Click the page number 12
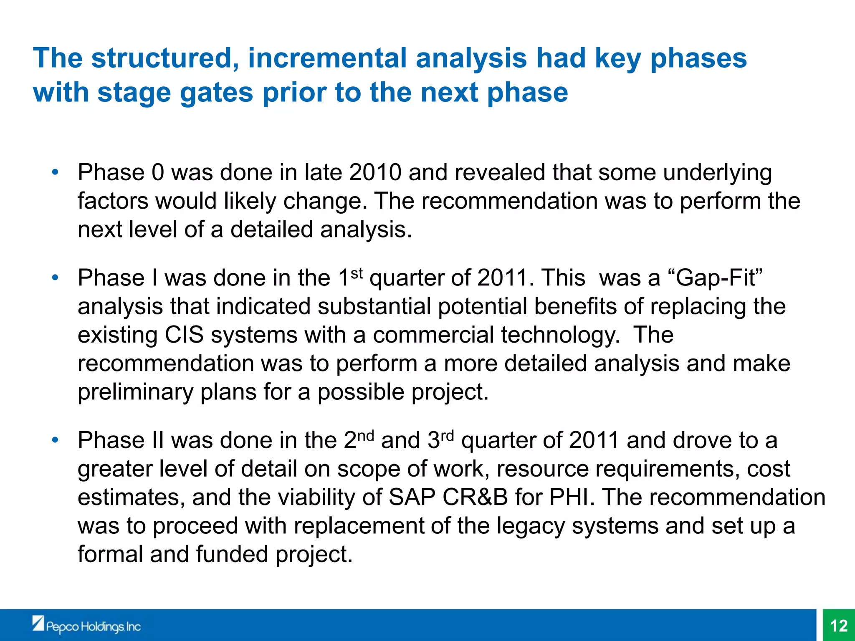839,626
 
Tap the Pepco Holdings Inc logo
87,625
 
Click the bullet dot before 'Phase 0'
55,172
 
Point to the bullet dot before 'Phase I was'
55,278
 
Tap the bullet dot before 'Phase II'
55,440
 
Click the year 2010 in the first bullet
375,172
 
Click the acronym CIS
184,335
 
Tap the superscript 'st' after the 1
357,273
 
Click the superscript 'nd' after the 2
366,436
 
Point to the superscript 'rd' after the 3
447,436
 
